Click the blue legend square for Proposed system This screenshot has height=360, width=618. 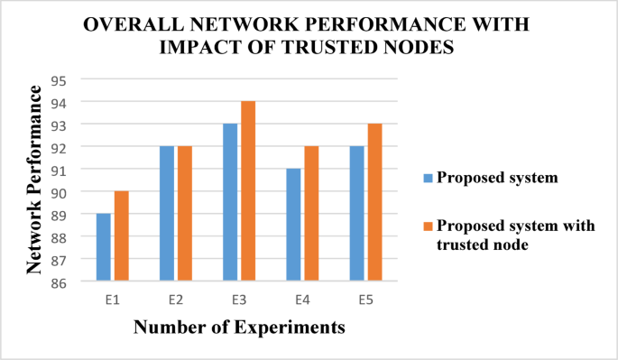(429, 177)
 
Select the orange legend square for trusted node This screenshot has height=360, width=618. (429, 226)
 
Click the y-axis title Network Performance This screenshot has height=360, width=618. (35, 180)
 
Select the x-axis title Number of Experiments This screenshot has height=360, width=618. (239, 328)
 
